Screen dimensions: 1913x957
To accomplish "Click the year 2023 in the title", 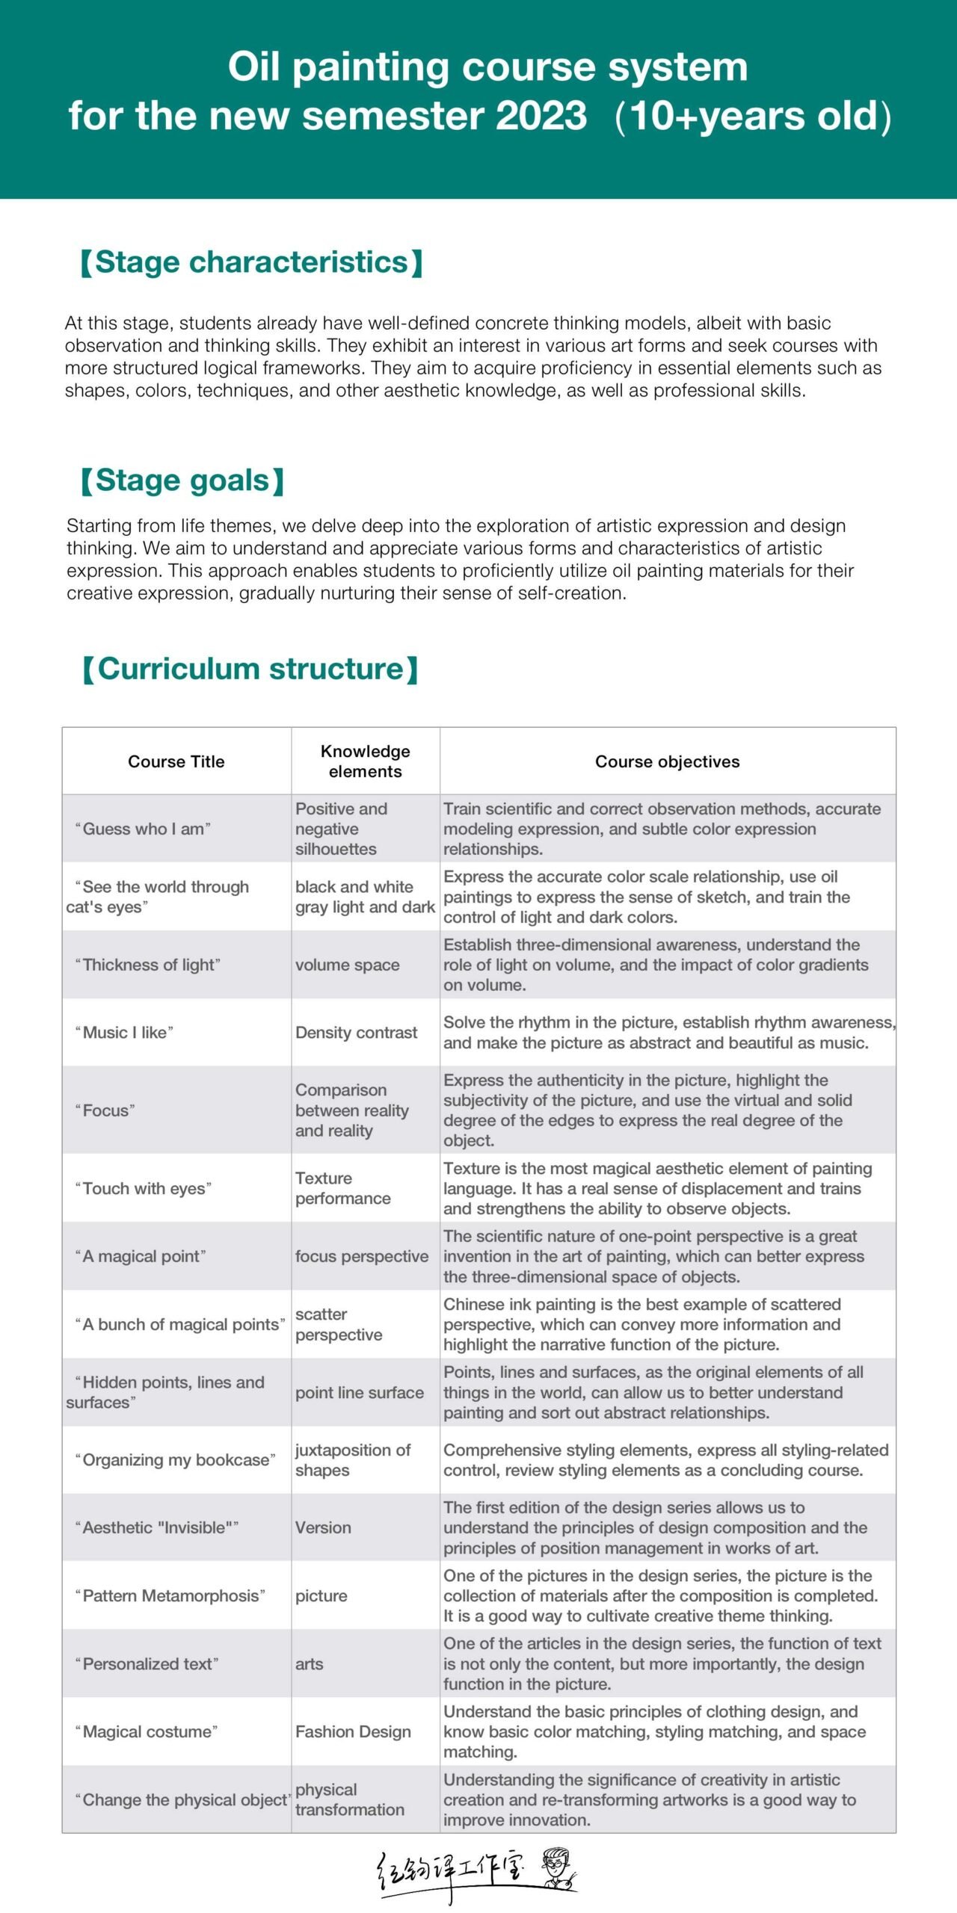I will click(x=541, y=116).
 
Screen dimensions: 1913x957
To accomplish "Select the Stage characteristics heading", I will click(x=252, y=262).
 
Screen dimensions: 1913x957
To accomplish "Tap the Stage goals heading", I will click(x=182, y=480).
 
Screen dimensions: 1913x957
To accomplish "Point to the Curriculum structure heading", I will click(x=250, y=669).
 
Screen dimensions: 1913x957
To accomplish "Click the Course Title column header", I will click(x=176, y=761).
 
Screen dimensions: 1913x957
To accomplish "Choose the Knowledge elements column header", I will click(x=365, y=761).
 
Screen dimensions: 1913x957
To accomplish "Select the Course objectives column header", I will click(x=667, y=761).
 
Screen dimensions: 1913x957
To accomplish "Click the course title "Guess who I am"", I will click(x=143, y=829).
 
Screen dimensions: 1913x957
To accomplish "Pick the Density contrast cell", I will click(x=356, y=1033).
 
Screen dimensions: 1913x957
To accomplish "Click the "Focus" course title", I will click(x=105, y=1110).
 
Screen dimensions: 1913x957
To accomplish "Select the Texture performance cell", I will click(x=342, y=1188).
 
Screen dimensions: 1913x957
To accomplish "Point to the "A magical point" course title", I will click(x=141, y=1256).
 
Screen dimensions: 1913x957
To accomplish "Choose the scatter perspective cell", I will click(x=339, y=1324).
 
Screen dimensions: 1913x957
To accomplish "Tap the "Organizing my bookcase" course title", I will click(x=175, y=1460).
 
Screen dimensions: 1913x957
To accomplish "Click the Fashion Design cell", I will click(x=353, y=1731).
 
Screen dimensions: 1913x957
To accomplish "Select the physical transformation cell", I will click(x=349, y=1799).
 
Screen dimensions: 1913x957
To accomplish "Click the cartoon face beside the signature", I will click(x=557, y=1867).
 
